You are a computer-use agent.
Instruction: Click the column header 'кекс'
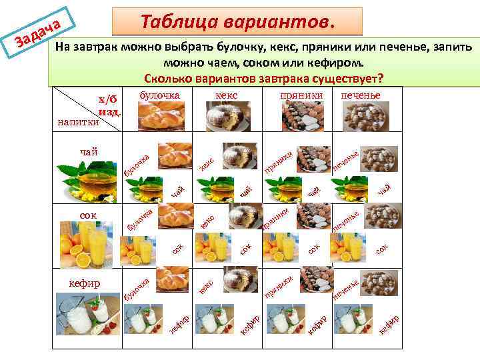(227, 95)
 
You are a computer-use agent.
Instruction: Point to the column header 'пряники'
(301, 95)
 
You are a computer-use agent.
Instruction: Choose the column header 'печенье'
(360, 95)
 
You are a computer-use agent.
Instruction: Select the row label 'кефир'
(85, 283)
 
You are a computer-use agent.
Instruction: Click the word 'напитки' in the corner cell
(78, 122)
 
